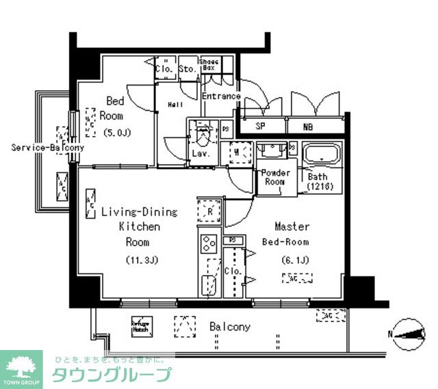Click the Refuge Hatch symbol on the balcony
140,327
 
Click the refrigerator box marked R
208,212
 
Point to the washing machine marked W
237,153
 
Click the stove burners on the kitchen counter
208,242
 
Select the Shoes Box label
209,66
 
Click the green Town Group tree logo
21,368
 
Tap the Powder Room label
275,178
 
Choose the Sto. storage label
187,68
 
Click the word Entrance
221,96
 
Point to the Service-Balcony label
48,147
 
